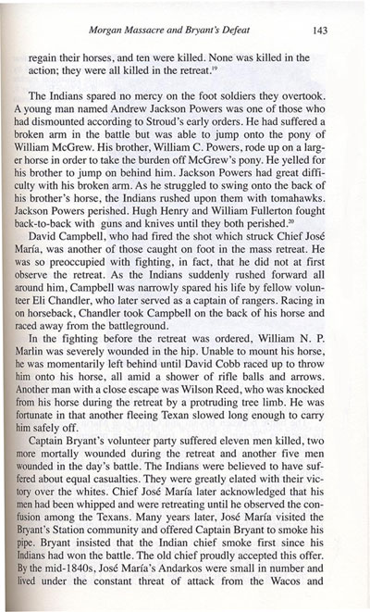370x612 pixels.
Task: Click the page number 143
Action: click(321, 16)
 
